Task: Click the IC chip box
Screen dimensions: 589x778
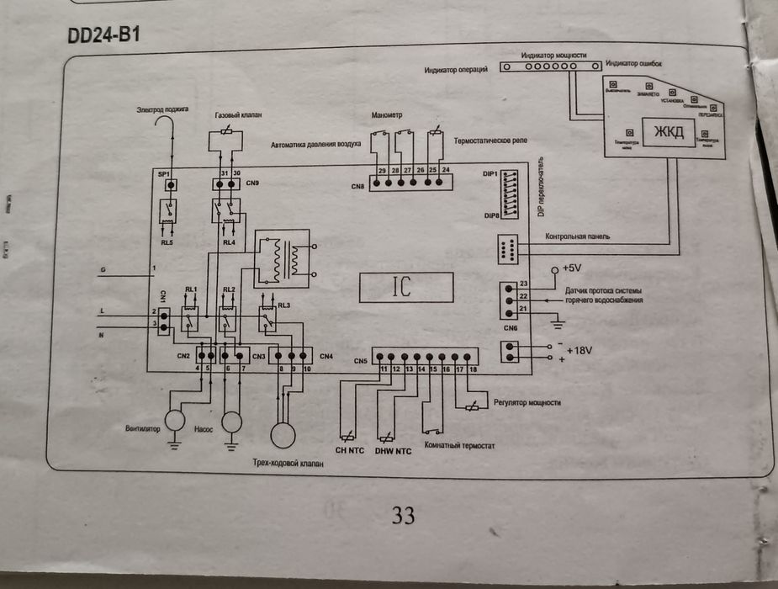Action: click(405, 289)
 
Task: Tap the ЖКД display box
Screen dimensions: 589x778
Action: click(670, 133)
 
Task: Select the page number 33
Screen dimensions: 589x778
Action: click(404, 516)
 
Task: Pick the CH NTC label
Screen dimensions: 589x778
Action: click(351, 451)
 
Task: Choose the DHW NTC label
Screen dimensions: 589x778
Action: click(393, 451)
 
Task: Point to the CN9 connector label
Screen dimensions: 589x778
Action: click(252, 183)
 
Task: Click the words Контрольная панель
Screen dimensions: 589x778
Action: click(577, 237)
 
